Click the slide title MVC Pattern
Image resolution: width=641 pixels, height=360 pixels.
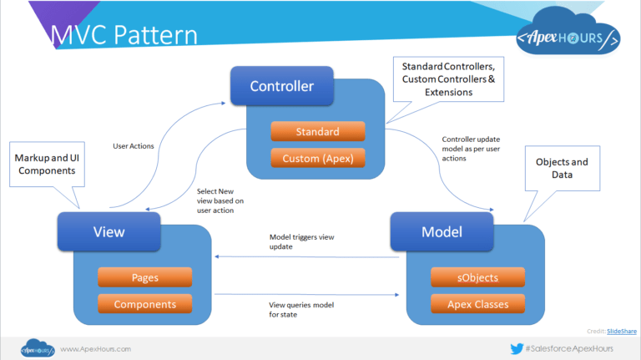pyautogui.click(x=124, y=34)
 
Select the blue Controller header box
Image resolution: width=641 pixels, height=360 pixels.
pyautogui.click(x=282, y=86)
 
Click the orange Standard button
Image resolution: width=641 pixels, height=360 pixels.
pyautogui.click(x=317, y=131)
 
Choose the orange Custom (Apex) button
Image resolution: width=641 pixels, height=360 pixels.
pyautogui.click(x=317, y=158)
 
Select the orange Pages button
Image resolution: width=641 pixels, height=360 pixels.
pyautogui.click(x=144, y=277)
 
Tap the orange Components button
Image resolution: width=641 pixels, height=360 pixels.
pyautogui.click(x=144, y=304)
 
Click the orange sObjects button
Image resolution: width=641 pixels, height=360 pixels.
pyautogui.click(x=477, y=277)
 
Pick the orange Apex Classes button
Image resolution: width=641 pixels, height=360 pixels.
pyautogui.click(x=477, y=303)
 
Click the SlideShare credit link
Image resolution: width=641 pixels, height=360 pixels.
pyautogui.click(x=622, y=331)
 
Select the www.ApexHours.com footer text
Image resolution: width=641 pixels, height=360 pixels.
pyautogui.click(x=94, y=348)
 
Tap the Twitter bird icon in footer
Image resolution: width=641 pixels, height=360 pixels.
pyautogui.click(x=517, y=348)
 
